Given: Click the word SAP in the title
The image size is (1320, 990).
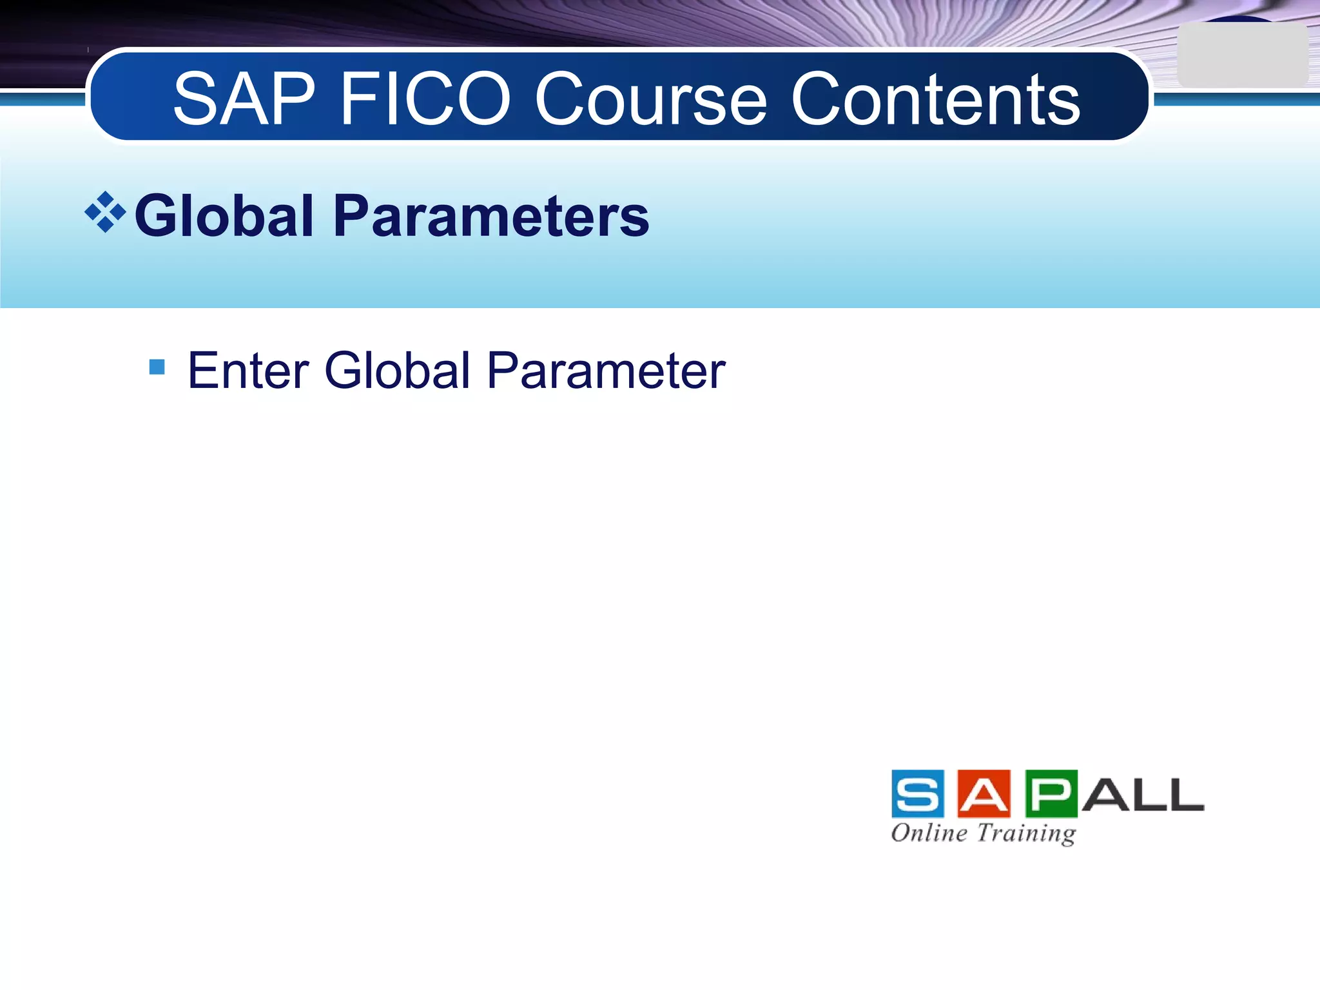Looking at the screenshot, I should (x=244, y=99).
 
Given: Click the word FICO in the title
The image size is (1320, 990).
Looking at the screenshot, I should (x=425, y=99).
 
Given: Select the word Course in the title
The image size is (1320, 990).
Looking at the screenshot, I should (x=650, y=99).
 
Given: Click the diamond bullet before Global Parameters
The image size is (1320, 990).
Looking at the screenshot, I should (x=105, y=212).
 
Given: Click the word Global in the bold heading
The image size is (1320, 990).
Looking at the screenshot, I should (x=224, y=216).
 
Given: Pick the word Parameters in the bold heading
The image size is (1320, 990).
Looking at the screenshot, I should (x=491, y=216).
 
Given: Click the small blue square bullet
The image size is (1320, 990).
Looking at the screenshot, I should (x=157, y=367).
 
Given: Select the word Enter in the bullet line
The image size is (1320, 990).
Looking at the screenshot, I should (x=248, y=371).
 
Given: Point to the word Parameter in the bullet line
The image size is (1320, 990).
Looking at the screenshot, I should (x=606, y=371).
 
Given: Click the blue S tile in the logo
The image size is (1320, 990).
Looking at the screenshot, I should (x=918, y=794).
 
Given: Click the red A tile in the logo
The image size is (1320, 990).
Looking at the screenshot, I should (x=984, y=794).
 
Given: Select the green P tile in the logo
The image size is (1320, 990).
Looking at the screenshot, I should (x=1051, y=794).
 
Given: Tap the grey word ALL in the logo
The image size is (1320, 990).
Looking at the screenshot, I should (x=1142, y=795).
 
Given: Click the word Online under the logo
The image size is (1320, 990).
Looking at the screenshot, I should (x=929, y=833).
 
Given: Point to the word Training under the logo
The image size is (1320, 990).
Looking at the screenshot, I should (x=1026, y=833).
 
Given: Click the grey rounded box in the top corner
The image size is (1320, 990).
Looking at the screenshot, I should (x=1242, y=55).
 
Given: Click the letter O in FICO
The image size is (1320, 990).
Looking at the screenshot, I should (x=479, y=99).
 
